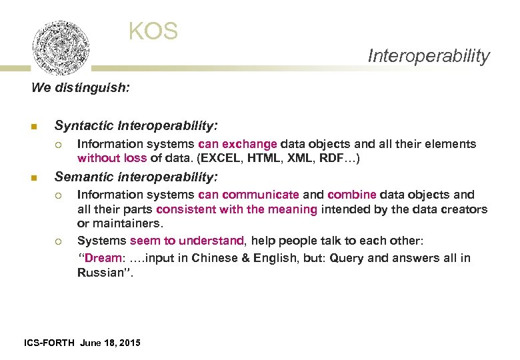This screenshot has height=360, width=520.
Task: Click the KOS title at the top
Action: (153, 31)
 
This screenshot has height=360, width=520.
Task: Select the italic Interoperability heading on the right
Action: (429, 56)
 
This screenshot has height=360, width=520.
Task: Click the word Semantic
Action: (84, 177)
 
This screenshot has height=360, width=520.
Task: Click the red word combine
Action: (352, 195)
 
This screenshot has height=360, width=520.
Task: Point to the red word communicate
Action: (261, 195)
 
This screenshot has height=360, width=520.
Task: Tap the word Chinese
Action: (216, 258)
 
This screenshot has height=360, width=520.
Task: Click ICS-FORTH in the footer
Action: (49, 343)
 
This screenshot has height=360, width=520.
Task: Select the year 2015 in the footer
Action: (129, 343)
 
